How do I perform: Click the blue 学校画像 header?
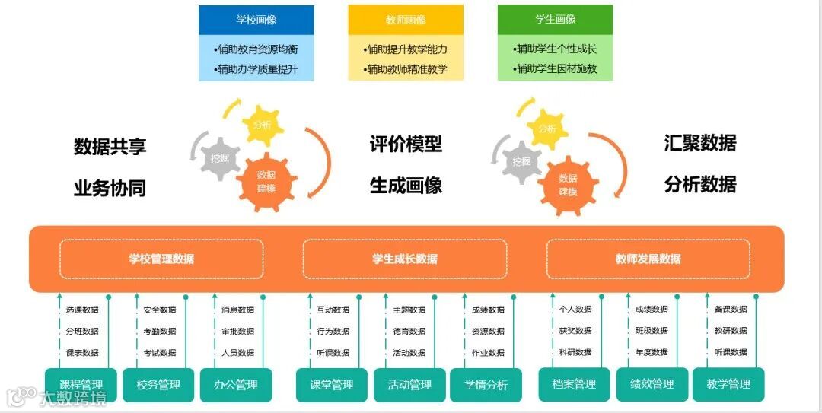point(256,21)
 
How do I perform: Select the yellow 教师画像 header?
point(406,21)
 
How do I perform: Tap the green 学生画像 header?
point(555,20)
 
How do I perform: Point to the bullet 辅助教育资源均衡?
point(256,49)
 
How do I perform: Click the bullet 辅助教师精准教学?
point(406,69)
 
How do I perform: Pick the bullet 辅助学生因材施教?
point(555,69)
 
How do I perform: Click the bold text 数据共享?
point(110,147)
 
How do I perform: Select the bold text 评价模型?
point(406,144)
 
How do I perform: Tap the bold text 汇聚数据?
point(700,143)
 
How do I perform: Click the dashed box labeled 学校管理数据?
point(161,259)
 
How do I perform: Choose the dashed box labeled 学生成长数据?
point(405,259)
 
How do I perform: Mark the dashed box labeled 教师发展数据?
point(648,259)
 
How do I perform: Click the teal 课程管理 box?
point(81,385)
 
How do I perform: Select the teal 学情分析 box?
point(486,385)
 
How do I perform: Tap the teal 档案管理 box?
point(574,384)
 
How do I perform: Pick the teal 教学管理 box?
point(728,384)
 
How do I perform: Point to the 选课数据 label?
point(82,310)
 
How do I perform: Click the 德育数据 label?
point(409,331)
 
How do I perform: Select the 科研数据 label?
point(575,352)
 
